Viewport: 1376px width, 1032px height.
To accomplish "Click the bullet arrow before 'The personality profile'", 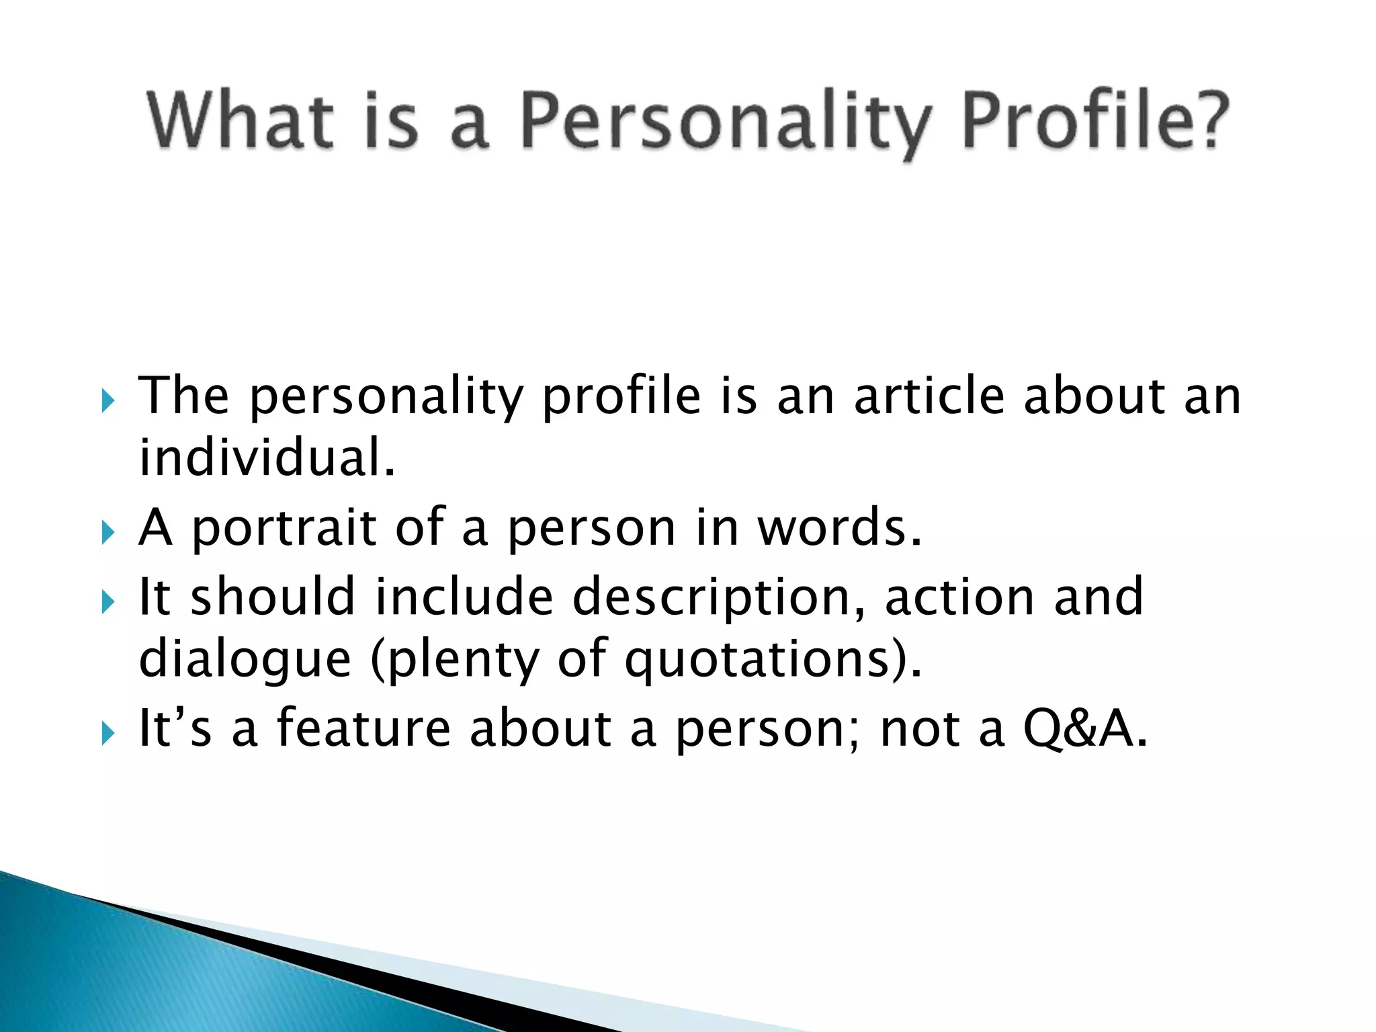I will [x=108, y=401].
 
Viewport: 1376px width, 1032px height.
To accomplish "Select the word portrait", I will [x=284, y=529].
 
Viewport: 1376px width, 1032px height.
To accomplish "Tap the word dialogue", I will [x=245, y=660].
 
